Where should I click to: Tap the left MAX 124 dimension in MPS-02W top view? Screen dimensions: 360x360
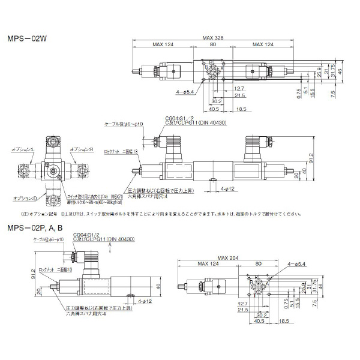tap(163, 45)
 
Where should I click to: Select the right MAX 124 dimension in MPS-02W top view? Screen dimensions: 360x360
tap(264, 45)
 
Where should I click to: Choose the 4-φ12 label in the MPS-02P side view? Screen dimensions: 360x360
tap(146, 299)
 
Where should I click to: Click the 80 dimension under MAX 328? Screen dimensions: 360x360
tap(212, 45)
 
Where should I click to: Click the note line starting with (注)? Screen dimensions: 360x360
tap(150, 212)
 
